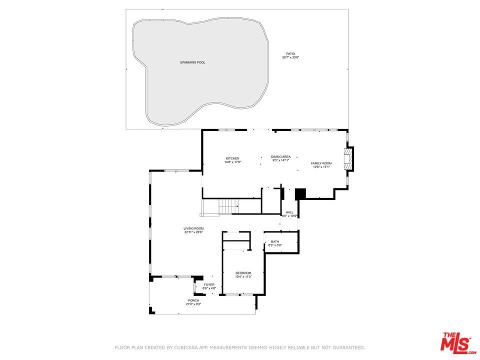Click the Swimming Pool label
[x=192, y=62]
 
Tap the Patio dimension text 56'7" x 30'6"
[x=290, y=57]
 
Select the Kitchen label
[x=232, y=158]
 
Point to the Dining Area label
[x=281, y=156]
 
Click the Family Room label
[x=321, y=163]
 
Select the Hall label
[x=289, y=212]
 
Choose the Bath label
[x=275, y=242]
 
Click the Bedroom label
[x=243, y=273]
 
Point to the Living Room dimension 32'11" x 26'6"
[x=193, y=232]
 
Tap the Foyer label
[x=209, y=285]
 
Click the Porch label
[x=193, y=300]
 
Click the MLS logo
[x=455, y=342]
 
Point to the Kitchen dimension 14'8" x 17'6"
[x=232, y=162]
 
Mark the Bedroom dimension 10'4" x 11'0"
[x=243, y=276]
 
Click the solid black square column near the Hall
[x=300, y=193]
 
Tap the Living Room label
[x=193, y=228]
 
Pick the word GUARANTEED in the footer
[x=345, y=347]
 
